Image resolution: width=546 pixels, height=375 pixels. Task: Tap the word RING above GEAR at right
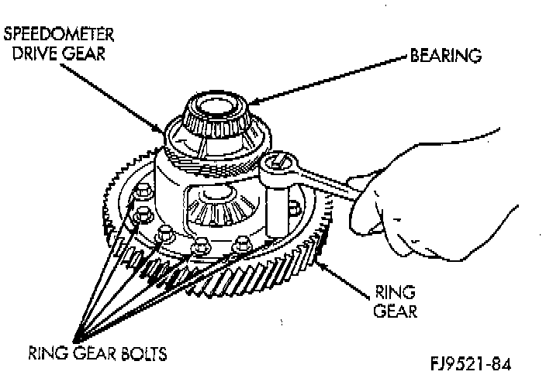tap(396, 293)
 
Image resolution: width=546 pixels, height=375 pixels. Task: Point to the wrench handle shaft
tap(326, 184)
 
